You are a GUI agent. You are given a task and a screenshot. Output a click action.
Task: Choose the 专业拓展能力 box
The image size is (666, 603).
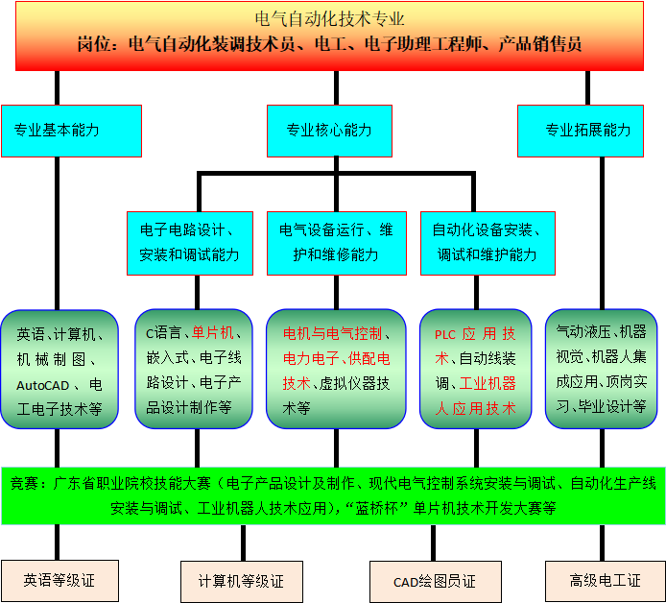tap(588, 131)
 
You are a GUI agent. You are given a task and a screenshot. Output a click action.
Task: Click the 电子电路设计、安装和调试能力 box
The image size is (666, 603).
tap(190, 243)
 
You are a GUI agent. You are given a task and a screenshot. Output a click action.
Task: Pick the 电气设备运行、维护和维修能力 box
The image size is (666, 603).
tap(335, 243)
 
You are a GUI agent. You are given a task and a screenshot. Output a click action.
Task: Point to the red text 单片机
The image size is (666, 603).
tap(213, 334)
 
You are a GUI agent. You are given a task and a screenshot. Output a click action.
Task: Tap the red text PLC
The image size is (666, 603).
tap(445, 335)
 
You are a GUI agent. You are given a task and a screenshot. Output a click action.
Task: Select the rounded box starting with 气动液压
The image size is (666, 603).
tap(601, 369)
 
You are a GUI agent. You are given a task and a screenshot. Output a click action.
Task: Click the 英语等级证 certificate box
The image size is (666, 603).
tap(59, 581)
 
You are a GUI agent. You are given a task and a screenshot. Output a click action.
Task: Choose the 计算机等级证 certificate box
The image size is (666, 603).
tap(241, 582)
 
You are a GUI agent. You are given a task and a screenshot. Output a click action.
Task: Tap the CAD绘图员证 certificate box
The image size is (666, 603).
tap(435, 582)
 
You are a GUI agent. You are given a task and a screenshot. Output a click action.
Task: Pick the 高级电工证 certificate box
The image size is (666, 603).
tap(605, 581)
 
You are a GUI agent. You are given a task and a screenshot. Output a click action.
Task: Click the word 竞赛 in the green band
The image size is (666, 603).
tap(26, 484)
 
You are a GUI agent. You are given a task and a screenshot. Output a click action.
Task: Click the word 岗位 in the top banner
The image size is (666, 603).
tap(96, 44)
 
